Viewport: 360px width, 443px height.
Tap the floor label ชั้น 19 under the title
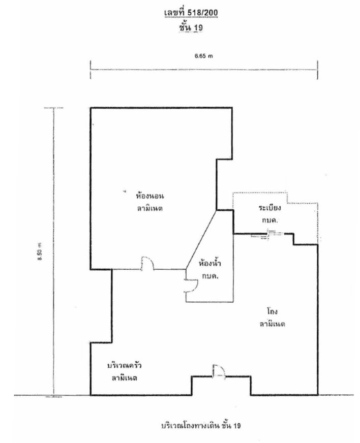(x=191, y=27)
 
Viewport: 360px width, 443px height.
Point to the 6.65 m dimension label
(x=203, y=56)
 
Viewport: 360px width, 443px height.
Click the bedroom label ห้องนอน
(x=150, y=196)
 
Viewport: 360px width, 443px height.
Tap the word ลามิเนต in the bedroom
(x=150, y=208)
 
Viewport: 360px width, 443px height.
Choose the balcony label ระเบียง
(x=269, y=208)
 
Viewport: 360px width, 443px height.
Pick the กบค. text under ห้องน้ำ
(x=210, y=276)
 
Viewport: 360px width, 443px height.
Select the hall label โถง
(x=272, y=311)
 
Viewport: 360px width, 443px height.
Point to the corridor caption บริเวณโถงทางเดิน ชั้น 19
(x=201, y=425)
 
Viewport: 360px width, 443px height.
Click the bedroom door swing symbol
(x=147, y=264)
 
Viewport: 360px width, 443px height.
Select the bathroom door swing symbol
(x=191, y=286)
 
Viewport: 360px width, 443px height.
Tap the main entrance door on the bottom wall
(x=219, y=371)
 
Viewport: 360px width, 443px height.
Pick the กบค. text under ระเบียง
(x=269, y=220)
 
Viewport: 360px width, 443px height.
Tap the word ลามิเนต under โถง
(x=272, y=324)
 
